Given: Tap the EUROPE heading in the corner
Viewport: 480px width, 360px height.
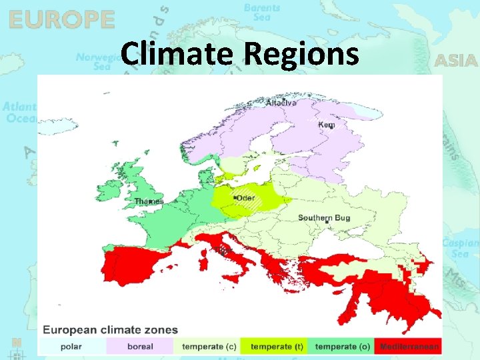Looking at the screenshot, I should (61, 19).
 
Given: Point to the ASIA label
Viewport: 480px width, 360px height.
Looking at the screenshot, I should (456, 61).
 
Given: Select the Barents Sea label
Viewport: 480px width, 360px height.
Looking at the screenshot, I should (261, 12).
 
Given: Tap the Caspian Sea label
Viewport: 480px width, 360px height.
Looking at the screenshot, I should (461, 248).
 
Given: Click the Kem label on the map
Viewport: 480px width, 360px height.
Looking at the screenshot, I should (327, 125).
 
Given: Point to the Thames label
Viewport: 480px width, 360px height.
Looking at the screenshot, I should (149, 201).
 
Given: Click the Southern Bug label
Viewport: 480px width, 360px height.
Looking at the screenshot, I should (324, 218).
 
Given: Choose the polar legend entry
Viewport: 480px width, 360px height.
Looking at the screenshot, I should (71, 347).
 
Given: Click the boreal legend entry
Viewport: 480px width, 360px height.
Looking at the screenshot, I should (139, 347).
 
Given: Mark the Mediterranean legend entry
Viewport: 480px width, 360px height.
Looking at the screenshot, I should (409, 347).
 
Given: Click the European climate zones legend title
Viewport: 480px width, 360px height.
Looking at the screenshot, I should (111, 330).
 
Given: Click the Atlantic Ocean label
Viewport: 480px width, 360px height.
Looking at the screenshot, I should (19, 112).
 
